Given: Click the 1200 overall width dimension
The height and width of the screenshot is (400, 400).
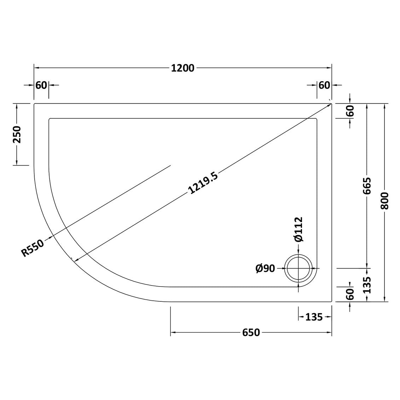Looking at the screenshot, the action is coord(182,68).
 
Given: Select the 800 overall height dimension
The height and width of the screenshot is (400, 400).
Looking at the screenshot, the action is coord(384,201).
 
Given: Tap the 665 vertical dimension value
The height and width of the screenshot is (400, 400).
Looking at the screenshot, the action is coord(367,186).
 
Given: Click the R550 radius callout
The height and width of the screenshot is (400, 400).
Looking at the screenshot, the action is coord(33,248).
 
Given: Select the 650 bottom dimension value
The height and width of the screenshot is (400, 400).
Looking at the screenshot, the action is coord(251,333).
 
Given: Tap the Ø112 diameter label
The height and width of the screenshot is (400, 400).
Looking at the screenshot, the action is coord(298,229).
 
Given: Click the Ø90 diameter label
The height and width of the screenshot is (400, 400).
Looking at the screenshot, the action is coord(265,268).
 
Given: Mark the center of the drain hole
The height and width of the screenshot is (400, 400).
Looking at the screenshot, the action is coord(298,268).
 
